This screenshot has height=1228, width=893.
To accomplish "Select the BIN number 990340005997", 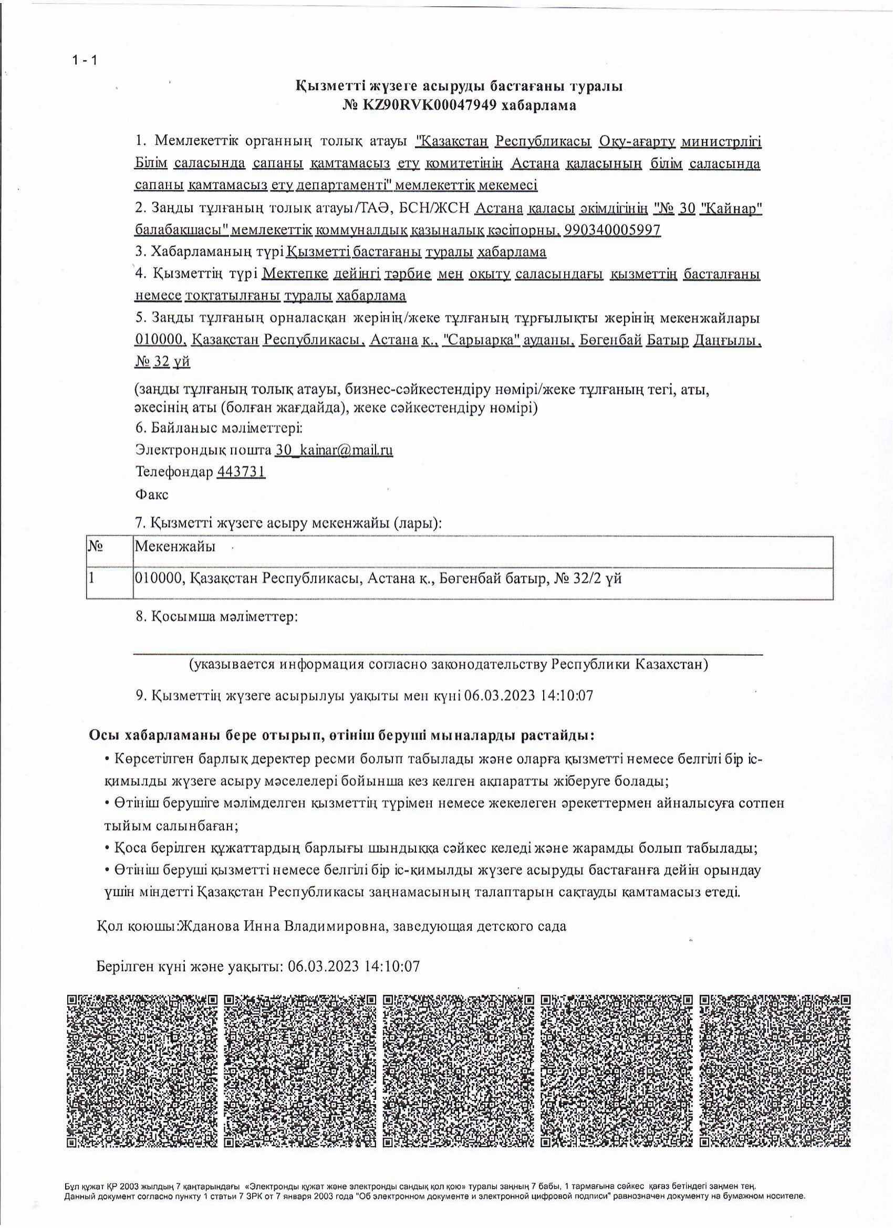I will tap(612, 230).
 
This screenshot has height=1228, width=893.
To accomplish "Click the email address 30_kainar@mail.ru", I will tap(334, 450).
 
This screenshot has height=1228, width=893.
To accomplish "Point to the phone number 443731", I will tap(241, 472).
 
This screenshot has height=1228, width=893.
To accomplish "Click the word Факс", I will tap(152, 495).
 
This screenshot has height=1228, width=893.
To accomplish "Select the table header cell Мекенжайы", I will tap(174, 547).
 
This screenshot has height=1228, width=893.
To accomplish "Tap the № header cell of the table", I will tap(96, 547).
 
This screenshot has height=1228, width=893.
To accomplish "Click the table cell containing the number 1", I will tap(92, 578).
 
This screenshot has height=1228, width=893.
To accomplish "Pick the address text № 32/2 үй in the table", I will tap(587, 578).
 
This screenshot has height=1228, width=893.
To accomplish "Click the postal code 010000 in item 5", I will tap(160, 341).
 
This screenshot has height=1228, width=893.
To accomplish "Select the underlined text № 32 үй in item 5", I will tap(162, 362).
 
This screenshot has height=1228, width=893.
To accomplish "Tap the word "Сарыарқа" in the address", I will tap(481, 341).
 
